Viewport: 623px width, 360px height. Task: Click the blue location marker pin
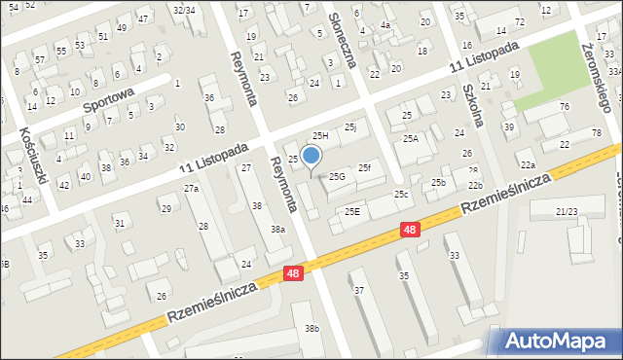pyautogui.click(x=311, y=156)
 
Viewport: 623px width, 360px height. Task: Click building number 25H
pyautogui.click(x=319, y=135)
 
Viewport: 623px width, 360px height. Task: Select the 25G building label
pyautogui.click(x=337, y=176)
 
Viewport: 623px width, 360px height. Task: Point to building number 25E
pyautogui.click(x=351, y=211)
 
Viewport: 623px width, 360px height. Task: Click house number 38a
pyautogui.click(x=278, y=229)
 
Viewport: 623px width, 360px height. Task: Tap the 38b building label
pyautogui.click(x=311, y=329)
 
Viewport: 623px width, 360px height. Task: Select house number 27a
pyautogui.click(x=192, y=188)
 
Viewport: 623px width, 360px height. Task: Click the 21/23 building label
pyautogui.click(x=567, y=211)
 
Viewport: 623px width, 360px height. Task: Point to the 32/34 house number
pyautogui.click(x=183, y=10)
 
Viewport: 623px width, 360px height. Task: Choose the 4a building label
pyautogui.click(x=385, y=24)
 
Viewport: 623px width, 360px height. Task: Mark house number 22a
pyautogui.click(x=527, y=165)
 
